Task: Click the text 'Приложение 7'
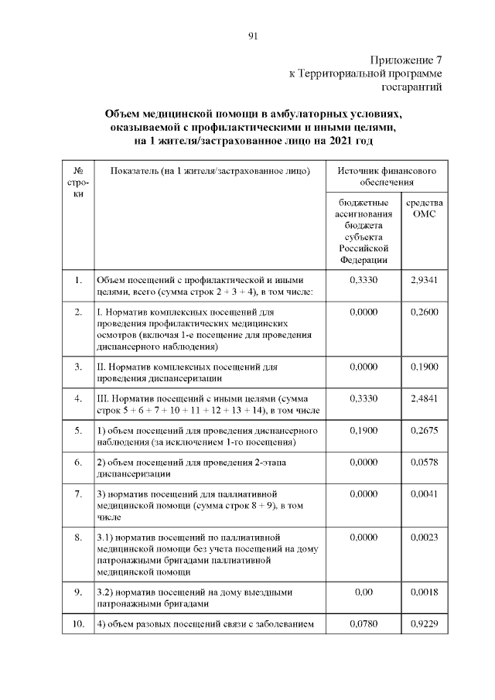click(x=407, y=60)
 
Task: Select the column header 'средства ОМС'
click(x=425, y=207)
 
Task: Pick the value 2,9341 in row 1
click(x=425, y=279)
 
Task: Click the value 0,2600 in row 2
click(x=425, y=312)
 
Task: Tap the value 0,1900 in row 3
click(x=425, y=366)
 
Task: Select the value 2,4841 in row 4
click(x=425, y=398)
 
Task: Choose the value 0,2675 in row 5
click(x=425, y=430)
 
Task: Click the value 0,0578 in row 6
click(x=425, y=462)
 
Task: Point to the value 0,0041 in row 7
click(x=425, y=493)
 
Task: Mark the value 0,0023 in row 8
click(x=425, y=535)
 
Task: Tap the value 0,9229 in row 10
click(x=425, y=623)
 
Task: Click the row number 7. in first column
click(x=78, y=493)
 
